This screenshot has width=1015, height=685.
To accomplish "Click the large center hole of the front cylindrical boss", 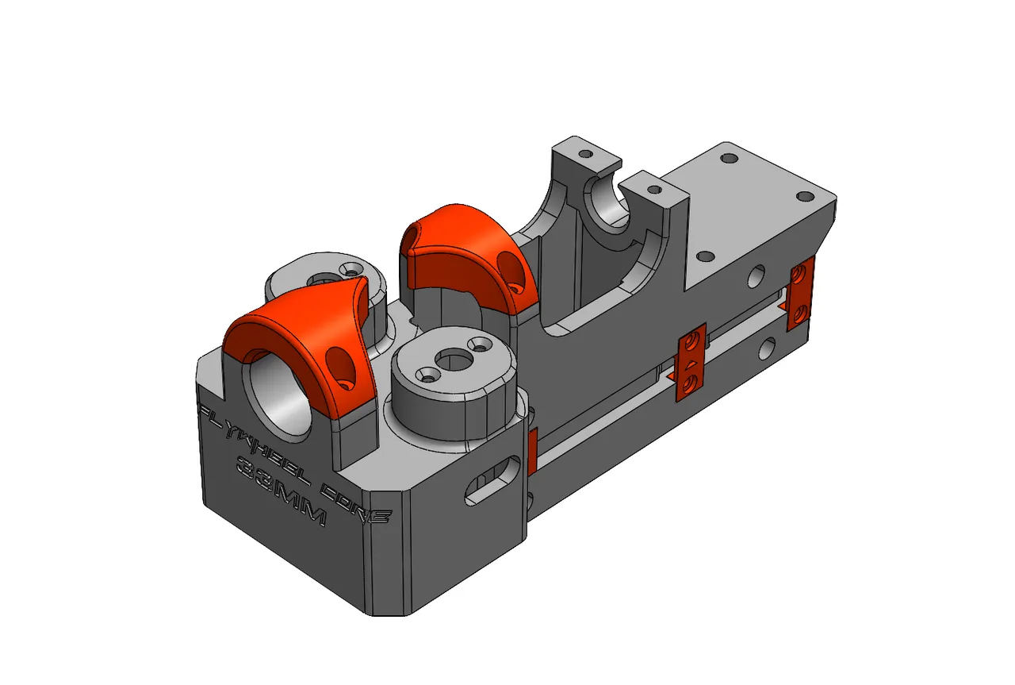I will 453,362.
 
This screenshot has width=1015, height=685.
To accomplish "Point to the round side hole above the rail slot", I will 757,277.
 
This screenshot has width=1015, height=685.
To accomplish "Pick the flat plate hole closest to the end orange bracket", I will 804,196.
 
